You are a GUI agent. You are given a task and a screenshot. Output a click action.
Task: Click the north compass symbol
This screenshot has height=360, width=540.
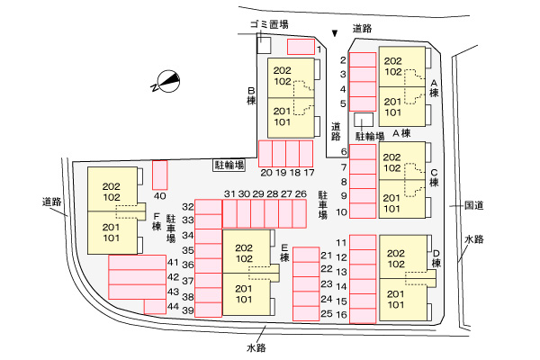point(166,82)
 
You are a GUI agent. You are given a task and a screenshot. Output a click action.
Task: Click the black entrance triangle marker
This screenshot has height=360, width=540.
point(335,33)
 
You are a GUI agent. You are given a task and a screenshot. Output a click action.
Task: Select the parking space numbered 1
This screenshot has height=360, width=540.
point(301,46)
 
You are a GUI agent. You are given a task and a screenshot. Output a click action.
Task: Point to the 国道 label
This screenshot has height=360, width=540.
point(474,205)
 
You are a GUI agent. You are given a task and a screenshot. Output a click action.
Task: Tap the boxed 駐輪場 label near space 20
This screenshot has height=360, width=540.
point(229,165)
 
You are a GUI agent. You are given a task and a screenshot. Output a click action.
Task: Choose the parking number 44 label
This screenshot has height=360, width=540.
point(174,306)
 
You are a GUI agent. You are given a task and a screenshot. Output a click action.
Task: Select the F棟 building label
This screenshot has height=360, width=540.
point(157,221)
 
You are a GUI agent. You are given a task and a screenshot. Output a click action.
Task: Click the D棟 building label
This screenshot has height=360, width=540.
point(436,257)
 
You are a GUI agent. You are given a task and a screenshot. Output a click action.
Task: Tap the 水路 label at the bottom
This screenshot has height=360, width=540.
point(255,346)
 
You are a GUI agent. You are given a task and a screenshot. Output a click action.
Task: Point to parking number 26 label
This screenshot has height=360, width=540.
point(301,193)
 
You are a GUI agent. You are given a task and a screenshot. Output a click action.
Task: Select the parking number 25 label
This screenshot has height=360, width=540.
point(327,313)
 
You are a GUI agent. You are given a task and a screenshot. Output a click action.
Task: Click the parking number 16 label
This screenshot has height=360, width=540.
point(342,315)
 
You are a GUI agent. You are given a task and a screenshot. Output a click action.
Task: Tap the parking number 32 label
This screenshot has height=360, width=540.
point(188,206)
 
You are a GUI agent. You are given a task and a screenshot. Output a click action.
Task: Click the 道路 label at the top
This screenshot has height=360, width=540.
point(362,29)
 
